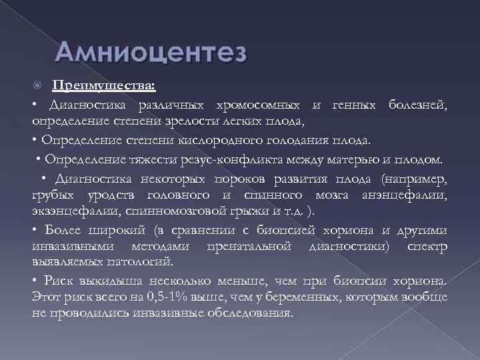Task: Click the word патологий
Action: [143, 261]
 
